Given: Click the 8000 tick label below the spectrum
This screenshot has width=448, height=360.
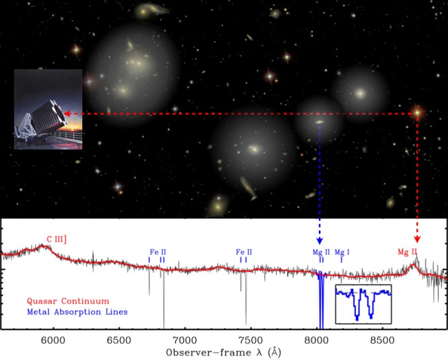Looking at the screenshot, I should pos(317,341).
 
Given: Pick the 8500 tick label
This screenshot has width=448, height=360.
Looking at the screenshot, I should pos(383,341).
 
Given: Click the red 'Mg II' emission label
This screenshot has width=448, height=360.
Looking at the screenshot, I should pos(407,252).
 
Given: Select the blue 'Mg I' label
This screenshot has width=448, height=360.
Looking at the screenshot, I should pos(342,252).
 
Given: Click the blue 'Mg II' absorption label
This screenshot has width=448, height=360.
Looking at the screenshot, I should pos(321,252).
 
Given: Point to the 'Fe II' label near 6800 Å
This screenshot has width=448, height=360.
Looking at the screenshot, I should pos(158,252).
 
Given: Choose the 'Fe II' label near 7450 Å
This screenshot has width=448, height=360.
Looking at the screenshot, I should pos(244,252).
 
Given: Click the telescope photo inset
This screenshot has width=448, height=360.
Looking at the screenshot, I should pos(48,109).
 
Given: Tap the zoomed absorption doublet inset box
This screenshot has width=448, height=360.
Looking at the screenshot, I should pos(363,304).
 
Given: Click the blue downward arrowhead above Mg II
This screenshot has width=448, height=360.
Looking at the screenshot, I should pos(320,241).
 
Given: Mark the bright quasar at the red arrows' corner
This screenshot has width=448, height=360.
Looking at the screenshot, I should pos(418,113).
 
